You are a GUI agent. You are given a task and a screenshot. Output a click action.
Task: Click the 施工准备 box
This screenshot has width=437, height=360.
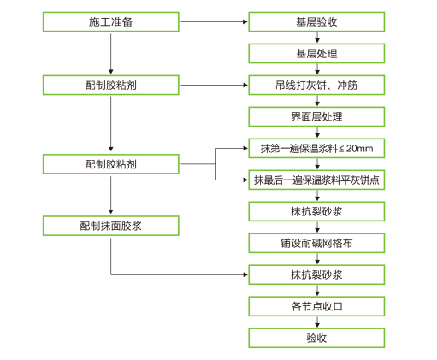(111, 21)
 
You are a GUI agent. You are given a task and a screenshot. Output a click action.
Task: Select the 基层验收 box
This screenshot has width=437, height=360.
(316, 21)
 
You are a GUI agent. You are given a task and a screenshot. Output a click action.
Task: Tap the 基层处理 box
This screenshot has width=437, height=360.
(316, 53)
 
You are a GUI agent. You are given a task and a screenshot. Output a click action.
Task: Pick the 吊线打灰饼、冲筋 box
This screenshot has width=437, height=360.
(316, 85)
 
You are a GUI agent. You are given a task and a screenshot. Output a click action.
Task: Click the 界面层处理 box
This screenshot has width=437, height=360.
(316, 116)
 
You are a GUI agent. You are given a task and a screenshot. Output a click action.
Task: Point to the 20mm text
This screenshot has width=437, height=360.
(359, 149)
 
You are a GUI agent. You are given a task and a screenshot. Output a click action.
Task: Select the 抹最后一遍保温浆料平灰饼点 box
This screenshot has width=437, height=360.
(316, 180)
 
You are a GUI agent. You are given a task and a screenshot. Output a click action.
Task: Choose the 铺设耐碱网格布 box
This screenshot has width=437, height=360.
(316, 243)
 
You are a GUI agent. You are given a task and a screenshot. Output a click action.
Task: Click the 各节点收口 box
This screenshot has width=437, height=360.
(316, 306)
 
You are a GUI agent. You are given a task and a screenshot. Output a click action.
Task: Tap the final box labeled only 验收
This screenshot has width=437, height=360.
(316, 338)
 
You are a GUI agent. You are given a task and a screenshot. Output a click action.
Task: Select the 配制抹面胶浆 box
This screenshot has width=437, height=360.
(111, 226)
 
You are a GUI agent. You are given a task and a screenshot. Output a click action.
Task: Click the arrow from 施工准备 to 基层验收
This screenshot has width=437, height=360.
(214, 21)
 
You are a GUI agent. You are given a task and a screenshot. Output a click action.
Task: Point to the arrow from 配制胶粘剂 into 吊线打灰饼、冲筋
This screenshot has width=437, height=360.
(214, 85)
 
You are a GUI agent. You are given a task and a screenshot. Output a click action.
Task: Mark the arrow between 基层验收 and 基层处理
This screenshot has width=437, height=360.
(317, 38)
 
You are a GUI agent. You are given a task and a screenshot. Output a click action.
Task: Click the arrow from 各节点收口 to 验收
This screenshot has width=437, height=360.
(317, 322)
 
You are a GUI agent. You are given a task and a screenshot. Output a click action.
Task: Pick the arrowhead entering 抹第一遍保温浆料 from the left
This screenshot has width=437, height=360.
(245, 148)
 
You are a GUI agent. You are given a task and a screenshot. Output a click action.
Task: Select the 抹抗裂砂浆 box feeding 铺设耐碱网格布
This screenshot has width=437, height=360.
(316, 211)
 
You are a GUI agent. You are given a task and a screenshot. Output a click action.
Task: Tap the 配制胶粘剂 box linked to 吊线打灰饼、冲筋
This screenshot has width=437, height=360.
(111, 85)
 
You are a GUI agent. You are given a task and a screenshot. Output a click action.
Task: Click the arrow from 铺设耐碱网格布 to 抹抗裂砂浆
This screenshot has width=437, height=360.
(317, 259)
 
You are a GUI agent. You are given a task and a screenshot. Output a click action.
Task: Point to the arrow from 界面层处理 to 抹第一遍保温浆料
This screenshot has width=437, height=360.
(317, 133)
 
